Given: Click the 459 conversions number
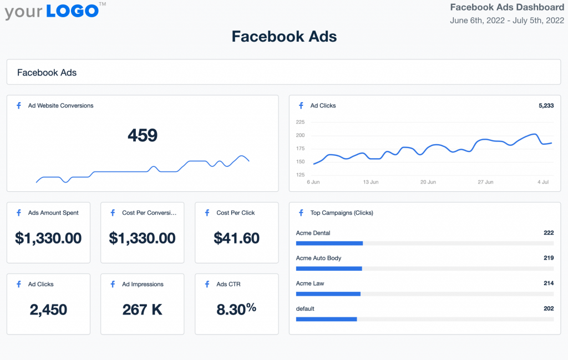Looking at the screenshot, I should pos(143,135).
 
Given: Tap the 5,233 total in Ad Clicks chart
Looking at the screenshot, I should pos(546,105).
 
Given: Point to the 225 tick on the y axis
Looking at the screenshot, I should pos(300,122).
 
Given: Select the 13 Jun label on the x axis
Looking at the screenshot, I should pos(370,182).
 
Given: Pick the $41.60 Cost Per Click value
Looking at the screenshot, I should pos(236,238).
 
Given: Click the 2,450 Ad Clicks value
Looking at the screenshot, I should pos(48,310).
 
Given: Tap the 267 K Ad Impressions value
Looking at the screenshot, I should pos(143,310).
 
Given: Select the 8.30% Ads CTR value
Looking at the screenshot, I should pos(236,309).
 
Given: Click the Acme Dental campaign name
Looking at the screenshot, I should pos(313,233).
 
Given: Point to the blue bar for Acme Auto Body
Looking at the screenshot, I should pos(329,268).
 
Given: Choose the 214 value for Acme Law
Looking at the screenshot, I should pos(549,283).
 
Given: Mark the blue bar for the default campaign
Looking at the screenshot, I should pos(326,319).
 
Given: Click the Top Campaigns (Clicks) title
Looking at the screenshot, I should pos(342,212).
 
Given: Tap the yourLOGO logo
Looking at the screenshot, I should pos(52,11).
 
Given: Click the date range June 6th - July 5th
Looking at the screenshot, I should pos(507,21).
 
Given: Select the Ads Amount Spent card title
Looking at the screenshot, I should pos(53,212).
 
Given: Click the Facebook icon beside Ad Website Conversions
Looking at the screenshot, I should pos(18,105).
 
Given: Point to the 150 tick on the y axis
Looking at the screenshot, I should pos(300,162).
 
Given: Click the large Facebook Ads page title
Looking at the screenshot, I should pos(284,37).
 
